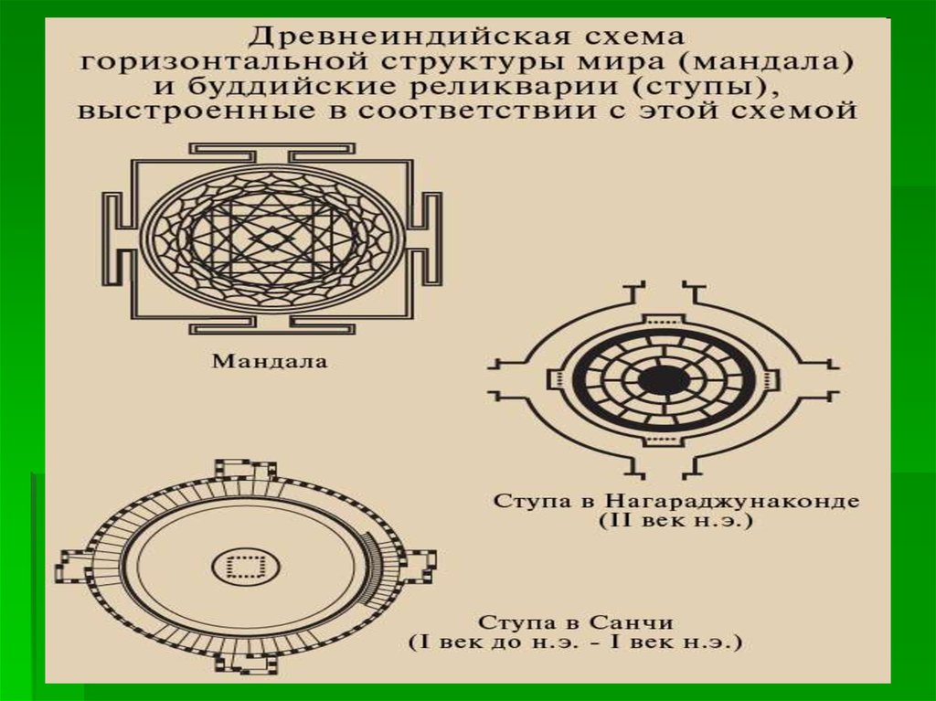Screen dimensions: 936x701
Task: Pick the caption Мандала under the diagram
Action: pyautogui.click(x=270, y=361)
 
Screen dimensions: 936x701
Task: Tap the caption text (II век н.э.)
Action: pyautogui.click(x=676, y=521)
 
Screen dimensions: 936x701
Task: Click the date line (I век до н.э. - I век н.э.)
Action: pyautogui.click(x=576, y=643)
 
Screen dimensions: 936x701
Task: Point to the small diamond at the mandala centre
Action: pyautogui.click(x=271, y=239)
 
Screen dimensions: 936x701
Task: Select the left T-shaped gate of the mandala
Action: pyautogui.click(x=117, y=239)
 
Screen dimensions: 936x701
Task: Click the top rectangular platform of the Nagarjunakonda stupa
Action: pyautogui.click(x=664, y=321)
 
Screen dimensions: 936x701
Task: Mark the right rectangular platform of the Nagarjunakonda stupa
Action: pyautogui.click(x=769, y=380)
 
